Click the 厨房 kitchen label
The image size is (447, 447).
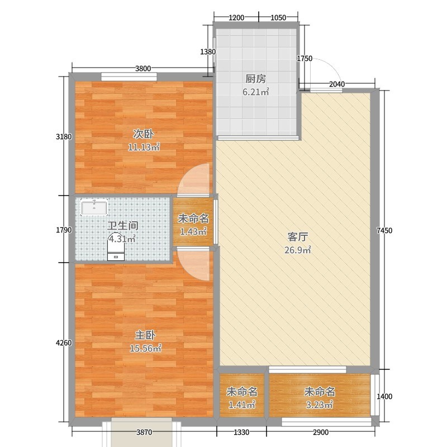(256, 79)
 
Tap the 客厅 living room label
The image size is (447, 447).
(298, 236)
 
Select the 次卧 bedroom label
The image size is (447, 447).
(144, 134)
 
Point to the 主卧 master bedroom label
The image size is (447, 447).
(145, 335)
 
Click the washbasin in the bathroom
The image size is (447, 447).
(94, 208)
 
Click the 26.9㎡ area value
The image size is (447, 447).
(298, 250)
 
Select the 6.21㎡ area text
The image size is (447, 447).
(256, 92)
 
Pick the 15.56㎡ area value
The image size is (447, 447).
(145, 348)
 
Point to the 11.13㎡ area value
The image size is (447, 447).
(144, 148)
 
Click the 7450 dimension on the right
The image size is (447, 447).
(384, 230)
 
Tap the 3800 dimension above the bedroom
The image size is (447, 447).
(143, 68)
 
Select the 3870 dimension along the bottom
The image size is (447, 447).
(144, 432)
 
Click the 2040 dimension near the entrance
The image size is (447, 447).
(337, 84)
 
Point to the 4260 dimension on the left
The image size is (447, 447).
(64, 343)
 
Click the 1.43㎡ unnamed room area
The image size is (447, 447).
(193, 232)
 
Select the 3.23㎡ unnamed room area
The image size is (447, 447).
(319, 405)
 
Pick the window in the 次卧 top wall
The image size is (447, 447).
(129, 77)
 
